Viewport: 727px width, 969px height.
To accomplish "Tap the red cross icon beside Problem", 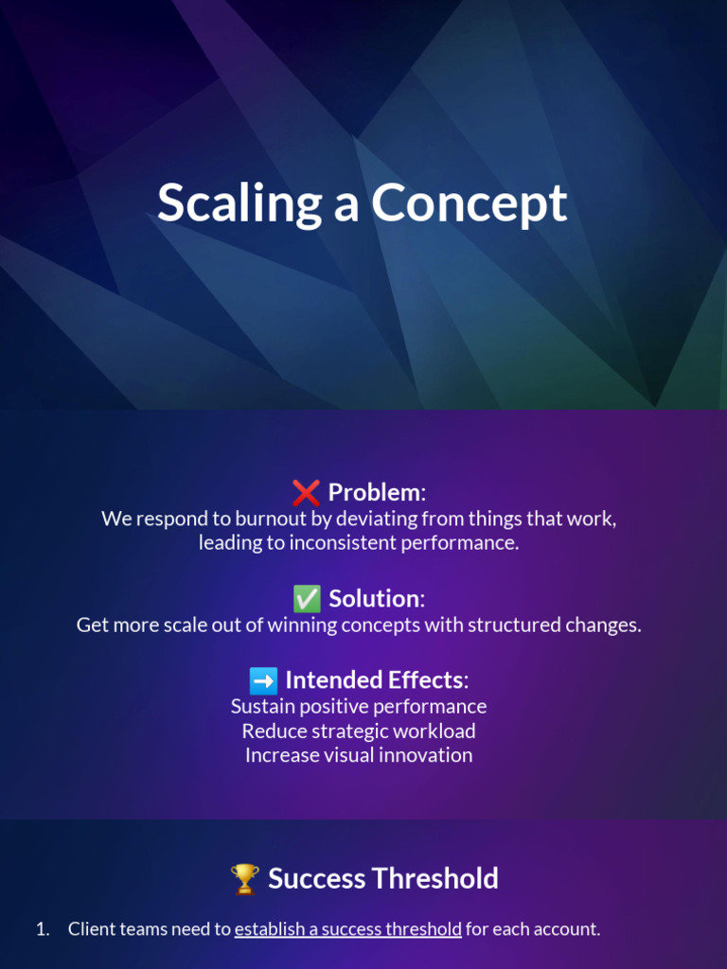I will pos(306,492).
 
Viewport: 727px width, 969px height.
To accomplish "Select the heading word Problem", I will pos(374,492).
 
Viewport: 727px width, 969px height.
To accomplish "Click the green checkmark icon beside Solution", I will pos(306,598).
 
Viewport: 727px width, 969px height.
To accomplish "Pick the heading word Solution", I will pos(374,598).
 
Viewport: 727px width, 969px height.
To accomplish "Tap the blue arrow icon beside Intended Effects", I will pos(263,680).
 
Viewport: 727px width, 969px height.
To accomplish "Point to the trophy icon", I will pos(244,879).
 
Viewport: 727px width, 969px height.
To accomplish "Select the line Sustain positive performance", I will pos(359,706).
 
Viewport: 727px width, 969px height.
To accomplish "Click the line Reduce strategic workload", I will pos(359,731).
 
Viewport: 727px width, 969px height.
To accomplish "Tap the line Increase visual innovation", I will pos(359,755).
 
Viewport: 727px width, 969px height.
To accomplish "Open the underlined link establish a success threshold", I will pos(347,929).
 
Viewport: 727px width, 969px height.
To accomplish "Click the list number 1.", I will pos(42,929).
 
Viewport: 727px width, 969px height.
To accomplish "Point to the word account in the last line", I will pos(565,929).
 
